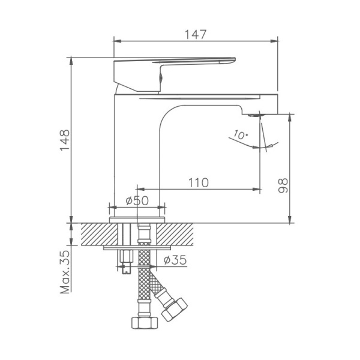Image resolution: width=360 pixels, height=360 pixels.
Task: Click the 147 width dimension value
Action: [x=195, y=34]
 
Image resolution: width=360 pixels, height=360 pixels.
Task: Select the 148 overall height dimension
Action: [x=64, y=141]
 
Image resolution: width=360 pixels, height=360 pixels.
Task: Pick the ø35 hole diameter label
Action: [x=175, y=260]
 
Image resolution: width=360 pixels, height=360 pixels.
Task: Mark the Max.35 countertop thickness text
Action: [x=65, y=271]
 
